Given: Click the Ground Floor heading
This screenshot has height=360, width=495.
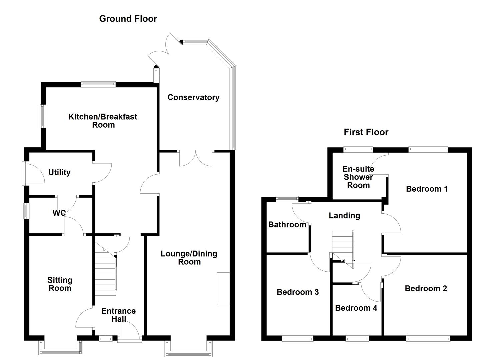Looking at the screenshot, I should tap(128, 19).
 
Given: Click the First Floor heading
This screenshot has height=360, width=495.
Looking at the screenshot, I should tap(366, 132).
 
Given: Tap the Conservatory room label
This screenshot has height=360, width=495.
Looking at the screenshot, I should tap(193, 97).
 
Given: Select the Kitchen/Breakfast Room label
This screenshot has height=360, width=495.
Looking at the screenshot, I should tap(103, 121).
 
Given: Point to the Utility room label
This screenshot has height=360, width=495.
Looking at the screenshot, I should tap(59, 172).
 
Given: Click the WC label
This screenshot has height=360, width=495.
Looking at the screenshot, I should tap(59, 213).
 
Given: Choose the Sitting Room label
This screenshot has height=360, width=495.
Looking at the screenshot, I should tap(60, 284).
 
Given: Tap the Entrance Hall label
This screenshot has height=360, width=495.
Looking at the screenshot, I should tap(118, 315).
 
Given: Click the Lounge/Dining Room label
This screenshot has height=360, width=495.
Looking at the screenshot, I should tap(189, 258).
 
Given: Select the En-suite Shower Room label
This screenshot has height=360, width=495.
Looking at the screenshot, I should tap(358, 177).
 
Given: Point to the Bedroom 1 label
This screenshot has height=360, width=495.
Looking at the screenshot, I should tap(427, 189).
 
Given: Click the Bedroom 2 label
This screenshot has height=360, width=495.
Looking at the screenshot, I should tap(426, 288).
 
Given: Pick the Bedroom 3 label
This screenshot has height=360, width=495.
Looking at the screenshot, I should tap(298, 292).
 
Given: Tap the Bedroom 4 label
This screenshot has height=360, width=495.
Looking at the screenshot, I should tap(356, 308).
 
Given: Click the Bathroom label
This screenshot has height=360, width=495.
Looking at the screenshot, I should tap(287, 225).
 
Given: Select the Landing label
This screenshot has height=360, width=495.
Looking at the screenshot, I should tap(344, 216).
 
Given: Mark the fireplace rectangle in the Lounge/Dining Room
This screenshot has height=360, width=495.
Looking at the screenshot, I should tap(223, 288).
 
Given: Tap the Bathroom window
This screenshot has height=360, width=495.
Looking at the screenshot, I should tap(287, 199).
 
